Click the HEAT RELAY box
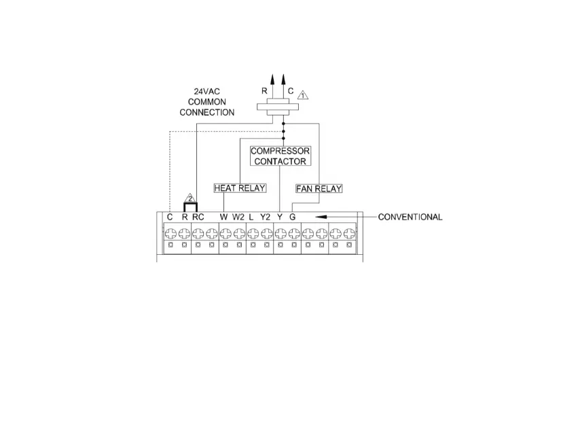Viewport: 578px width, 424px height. [240, 188]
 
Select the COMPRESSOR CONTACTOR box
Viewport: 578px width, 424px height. [280, 156]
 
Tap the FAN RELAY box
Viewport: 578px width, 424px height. [319, 188]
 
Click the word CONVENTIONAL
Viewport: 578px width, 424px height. [410, 217]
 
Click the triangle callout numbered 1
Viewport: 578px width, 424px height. [303, 94]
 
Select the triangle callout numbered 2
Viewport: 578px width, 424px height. [190, 198]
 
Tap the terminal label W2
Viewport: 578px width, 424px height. [238, 217]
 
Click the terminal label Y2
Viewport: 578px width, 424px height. [266, 217]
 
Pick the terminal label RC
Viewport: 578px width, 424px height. [198, 217]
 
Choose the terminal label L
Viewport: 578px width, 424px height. [251, 217]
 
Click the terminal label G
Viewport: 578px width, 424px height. [293, 217]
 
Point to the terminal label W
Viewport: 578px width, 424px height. [223, 217]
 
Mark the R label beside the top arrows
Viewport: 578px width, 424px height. [264, 90]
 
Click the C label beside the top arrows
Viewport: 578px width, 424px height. [291, 90]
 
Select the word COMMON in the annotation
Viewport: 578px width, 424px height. [208, 101]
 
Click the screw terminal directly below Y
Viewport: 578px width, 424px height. [280, 233]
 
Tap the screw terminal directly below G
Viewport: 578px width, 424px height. [293, 233]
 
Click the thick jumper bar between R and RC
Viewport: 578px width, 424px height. [190, 204]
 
